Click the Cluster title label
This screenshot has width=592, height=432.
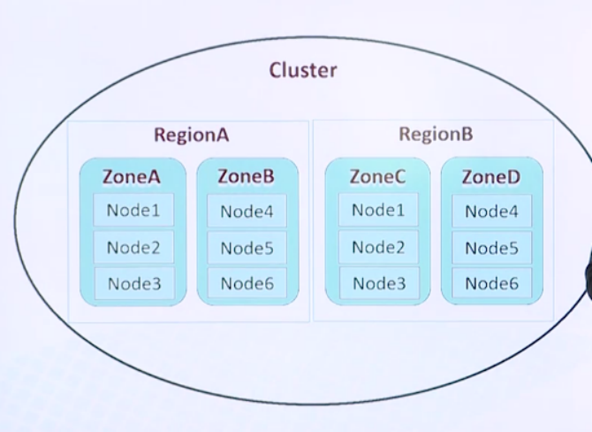(x=303, y=70)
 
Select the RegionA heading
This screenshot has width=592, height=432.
(x=191, y=135)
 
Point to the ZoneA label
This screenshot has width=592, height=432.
(x=132, y=176)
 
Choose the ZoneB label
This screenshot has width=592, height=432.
(x=246, y=176)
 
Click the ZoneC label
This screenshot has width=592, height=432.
(x=377, y=176)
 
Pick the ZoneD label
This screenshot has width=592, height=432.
(x=490, y=177)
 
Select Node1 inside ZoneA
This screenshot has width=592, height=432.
(x=133, y=211)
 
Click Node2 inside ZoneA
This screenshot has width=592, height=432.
(x=133, y=247)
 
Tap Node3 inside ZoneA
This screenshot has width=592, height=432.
(x=134, y=283)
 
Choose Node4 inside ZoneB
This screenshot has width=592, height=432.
(x=247, y=212)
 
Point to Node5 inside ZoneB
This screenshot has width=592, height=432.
(x=247, y=248)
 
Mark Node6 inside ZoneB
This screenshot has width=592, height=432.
(x=247, y=283)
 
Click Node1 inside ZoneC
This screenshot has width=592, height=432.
(x=378, y=211)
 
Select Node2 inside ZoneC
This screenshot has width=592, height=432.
(x=378, y=247)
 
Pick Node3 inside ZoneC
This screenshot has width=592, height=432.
(x=379, y=283)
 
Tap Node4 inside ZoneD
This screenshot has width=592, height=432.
(x=491, y=212)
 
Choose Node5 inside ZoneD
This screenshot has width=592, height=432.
(x=491, y=248)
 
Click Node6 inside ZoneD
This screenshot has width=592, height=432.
(x=491, y=283)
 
